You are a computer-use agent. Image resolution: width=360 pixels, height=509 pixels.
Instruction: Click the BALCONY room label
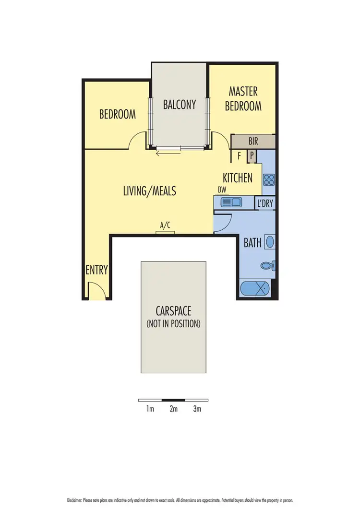click(180, 104)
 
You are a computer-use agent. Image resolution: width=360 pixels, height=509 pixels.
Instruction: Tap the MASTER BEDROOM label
click(243, 98)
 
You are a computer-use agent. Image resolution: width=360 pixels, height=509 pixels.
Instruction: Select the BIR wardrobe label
click(253, 142)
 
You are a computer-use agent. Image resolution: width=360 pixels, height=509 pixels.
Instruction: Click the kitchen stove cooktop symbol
click(268, 180)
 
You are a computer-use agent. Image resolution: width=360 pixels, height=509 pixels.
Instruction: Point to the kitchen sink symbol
click(230, 203)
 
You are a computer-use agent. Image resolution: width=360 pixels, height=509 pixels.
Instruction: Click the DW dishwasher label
click(222, 189)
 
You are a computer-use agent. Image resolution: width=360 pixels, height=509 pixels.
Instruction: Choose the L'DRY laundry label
click(265, 203)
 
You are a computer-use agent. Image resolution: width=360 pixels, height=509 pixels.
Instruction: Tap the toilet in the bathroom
click(267, 265)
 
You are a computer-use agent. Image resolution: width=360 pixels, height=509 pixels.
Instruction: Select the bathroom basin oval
click(270, 241)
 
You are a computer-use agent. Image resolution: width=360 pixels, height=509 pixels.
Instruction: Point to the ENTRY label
click(96, 270)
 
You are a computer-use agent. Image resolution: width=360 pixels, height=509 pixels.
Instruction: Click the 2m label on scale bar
click(173, 409)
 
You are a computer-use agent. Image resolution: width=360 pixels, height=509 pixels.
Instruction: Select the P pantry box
click(252, 155)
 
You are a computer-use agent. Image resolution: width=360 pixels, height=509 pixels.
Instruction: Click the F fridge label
click(239, 155)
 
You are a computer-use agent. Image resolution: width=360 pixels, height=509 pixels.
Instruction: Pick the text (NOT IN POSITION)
click(173, 323)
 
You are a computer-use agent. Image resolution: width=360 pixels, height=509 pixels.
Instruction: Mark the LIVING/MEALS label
click(150, 191)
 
